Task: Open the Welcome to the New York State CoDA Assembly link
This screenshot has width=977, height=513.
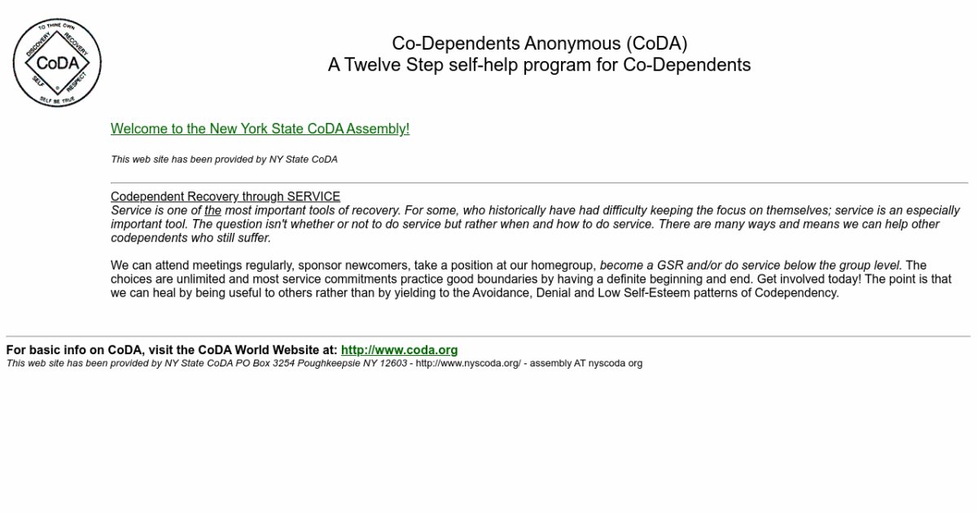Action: pos(260,129)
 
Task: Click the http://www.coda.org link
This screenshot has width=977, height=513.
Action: pos(399,350)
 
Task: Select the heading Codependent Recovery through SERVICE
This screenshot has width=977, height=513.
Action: pos(226,196)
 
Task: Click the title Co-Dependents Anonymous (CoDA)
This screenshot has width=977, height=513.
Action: pos(539,43)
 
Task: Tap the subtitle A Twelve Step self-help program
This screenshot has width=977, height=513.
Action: pos(539,64)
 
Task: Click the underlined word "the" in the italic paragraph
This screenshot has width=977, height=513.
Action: pos(212,210)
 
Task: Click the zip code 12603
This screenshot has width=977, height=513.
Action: pos(394,363)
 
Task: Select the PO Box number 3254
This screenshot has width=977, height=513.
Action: pos(283,363)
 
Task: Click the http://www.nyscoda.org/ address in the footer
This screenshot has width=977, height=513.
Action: pos(468,363)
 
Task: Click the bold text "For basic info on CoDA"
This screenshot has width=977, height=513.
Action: pos(74,350)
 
